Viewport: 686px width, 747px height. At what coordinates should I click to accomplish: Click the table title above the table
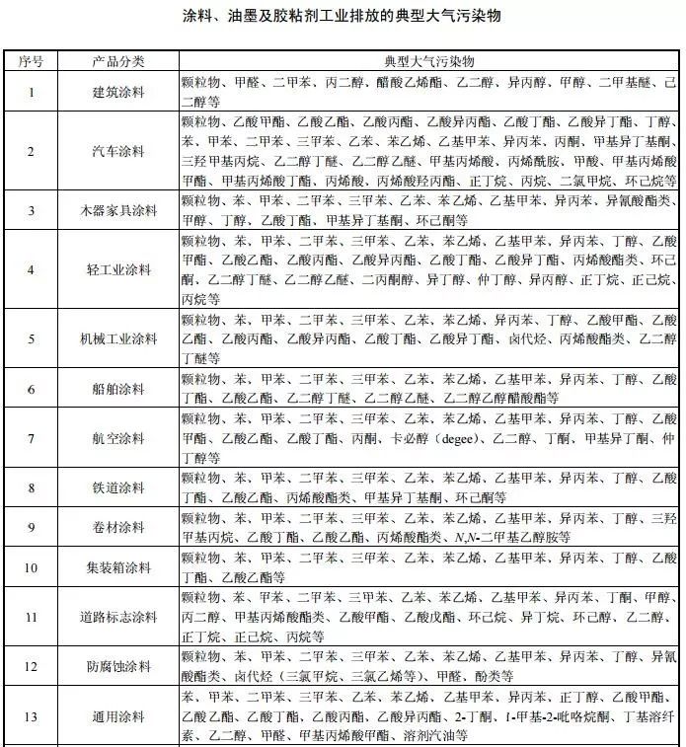pos(343,19)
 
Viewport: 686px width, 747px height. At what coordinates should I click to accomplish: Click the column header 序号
pos(32,62)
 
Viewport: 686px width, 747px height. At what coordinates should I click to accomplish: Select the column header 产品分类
pos(118,62)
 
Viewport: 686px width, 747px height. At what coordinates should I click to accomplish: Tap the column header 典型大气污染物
pos(429,62)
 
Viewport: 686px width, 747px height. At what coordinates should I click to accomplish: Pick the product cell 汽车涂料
pos(118,152)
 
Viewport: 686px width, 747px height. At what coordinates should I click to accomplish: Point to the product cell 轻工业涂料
pos(118,269)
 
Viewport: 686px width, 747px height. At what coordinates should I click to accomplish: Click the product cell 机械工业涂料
pos(118,338)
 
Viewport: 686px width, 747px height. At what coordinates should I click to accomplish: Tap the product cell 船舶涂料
pos(118,389)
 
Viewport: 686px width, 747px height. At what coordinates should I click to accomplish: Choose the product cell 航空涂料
pos(118,438)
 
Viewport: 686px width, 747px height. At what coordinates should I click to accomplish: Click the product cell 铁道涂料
pos(118,487)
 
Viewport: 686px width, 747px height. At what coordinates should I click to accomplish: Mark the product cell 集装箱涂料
pos(118,567)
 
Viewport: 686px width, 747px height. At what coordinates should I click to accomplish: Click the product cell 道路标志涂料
pos(118,617)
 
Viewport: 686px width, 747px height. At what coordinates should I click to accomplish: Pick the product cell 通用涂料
pos(118,715)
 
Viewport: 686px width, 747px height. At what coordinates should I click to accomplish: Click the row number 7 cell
pos(32,438)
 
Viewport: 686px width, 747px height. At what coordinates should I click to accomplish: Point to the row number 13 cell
pos(32,715)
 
